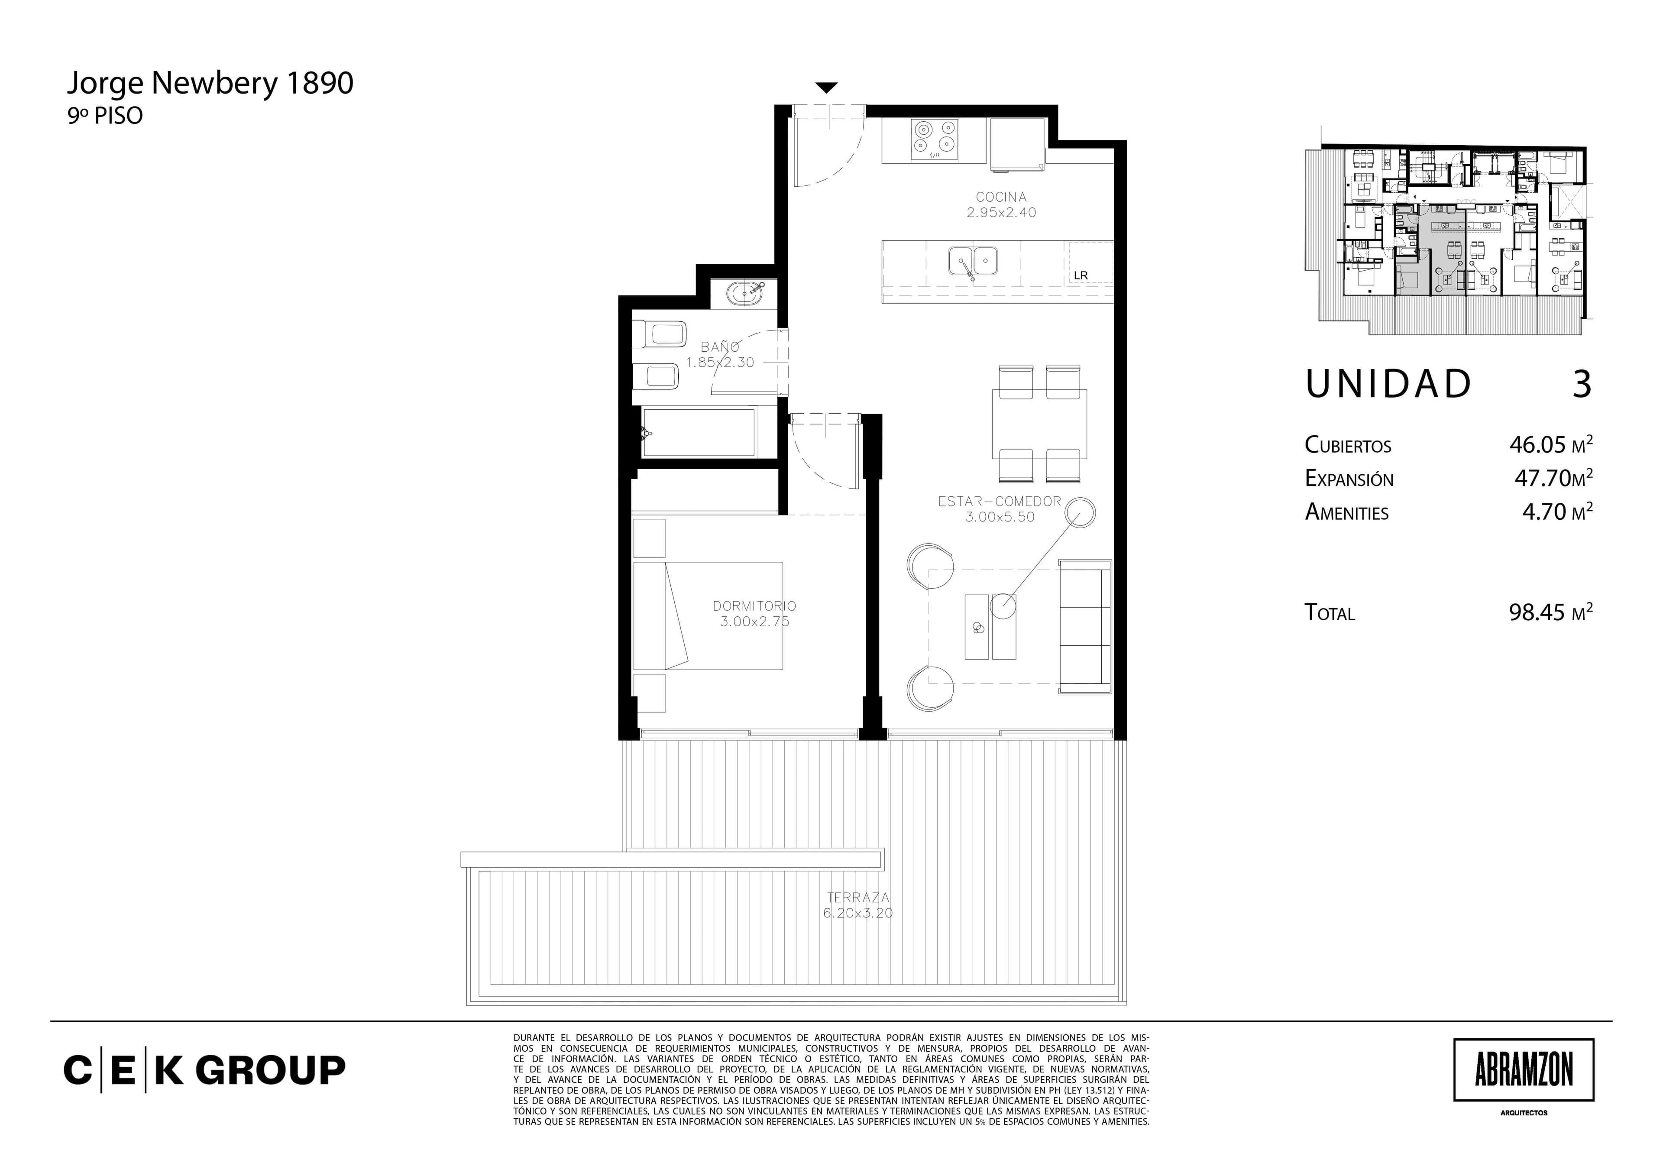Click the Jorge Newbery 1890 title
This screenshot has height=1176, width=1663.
(x=210, y=84)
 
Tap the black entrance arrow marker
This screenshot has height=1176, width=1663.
(x=826, y=87)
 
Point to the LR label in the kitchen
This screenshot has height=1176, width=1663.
(x=1081, y=275)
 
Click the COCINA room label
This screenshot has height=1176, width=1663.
(x=1001, y=196)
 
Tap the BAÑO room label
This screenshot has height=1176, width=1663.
(x=720, y=347)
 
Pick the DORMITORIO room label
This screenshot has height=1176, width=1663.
(x=754, y=606)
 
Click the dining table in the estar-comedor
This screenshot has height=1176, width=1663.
(x=1039, y=424)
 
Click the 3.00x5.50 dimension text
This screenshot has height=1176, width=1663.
(x=1000, y=517)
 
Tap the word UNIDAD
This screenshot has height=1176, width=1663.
(x=1388, y=384)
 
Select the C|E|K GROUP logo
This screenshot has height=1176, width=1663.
(x=205, y=1070)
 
